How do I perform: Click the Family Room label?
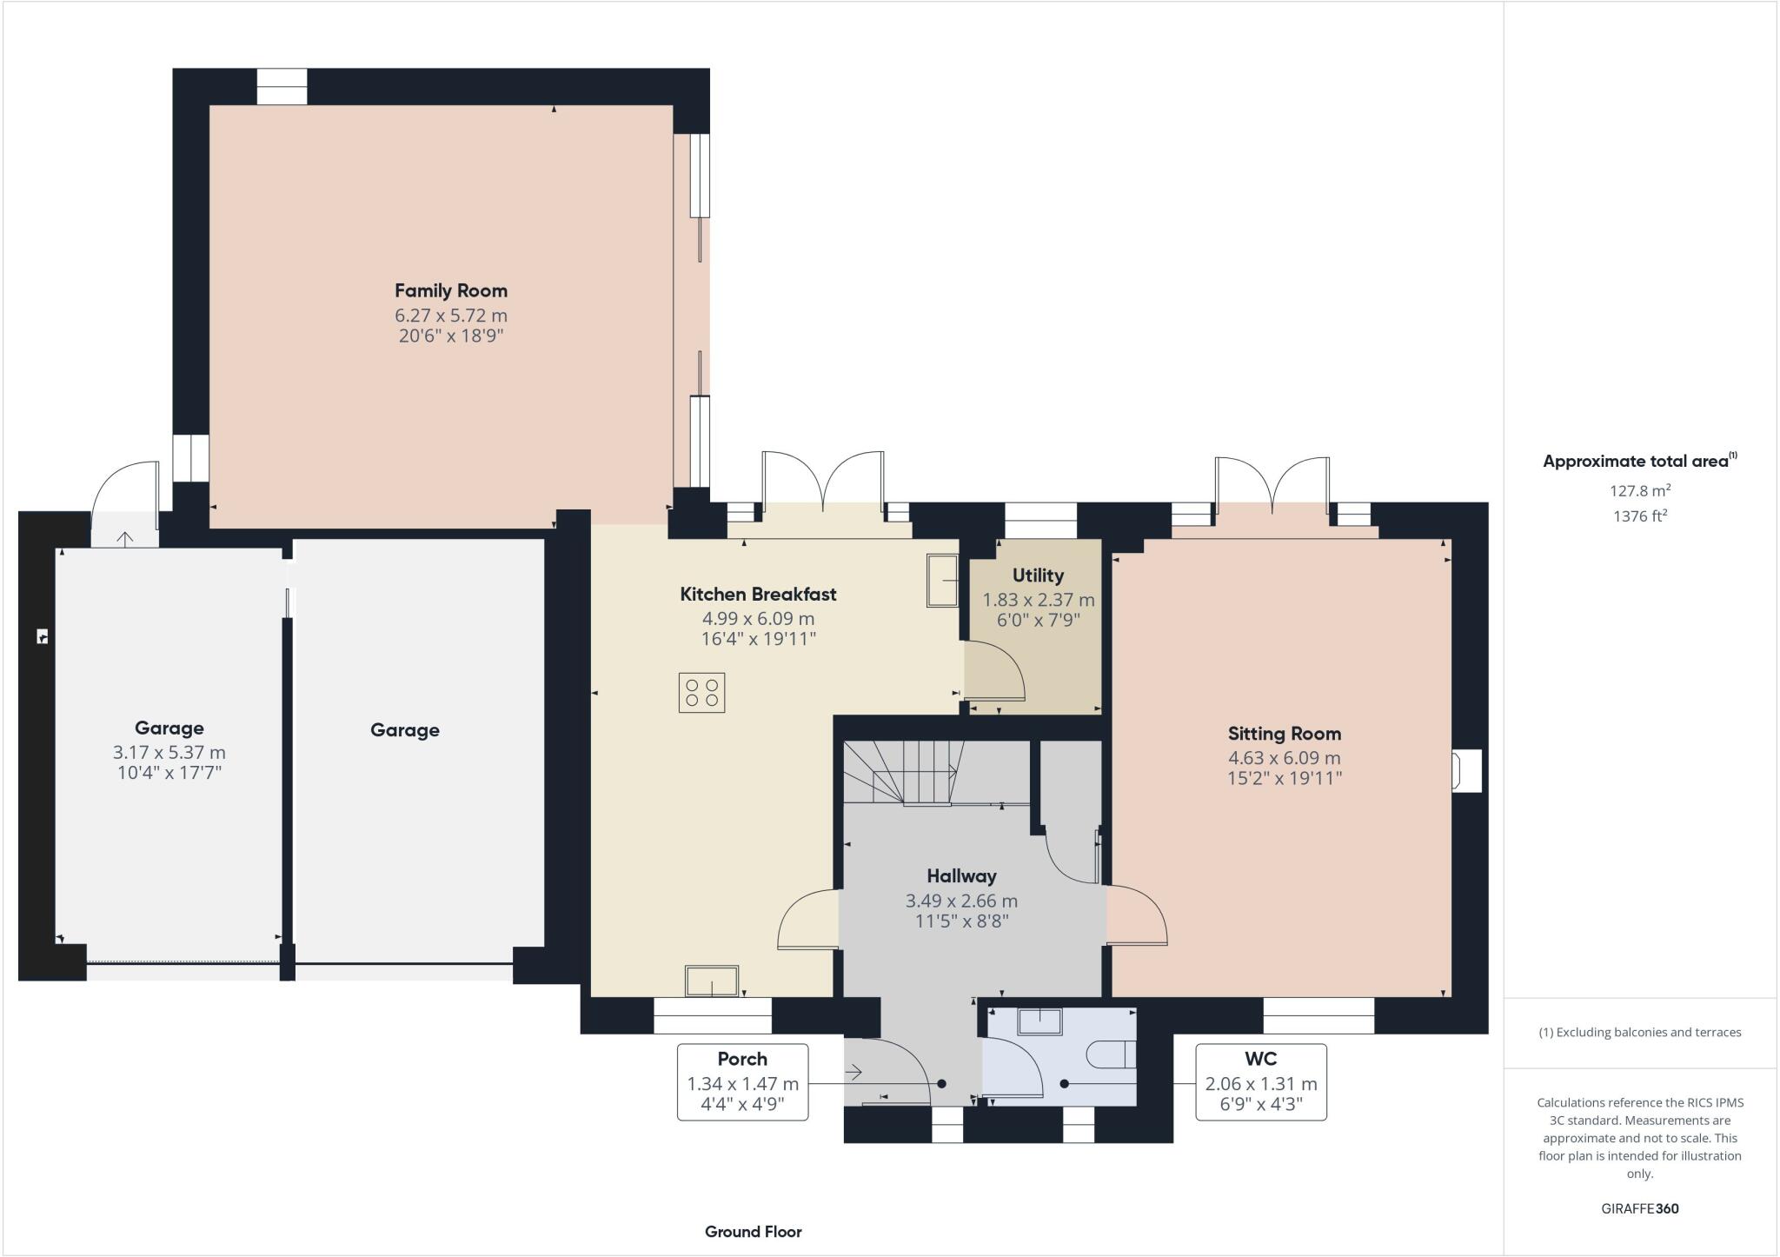[x=450, y=291]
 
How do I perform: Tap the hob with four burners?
[x=701, y=693]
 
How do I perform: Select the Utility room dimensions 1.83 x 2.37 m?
[x=1038, y=600]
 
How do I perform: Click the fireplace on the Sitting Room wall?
[x=1465, y=770]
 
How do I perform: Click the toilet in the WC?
[x=1112, y=1054]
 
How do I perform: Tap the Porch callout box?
[x=742, y=1081]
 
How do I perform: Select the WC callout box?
[x=1260, y=1081]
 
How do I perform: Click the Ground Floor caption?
[x=753, y=1231]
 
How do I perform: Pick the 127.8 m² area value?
[x=1639, y=490]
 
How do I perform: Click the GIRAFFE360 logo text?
[x=1639, y=1208]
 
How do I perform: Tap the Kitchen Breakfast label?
[x=758, y=595]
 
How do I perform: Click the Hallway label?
[x=961, y=876]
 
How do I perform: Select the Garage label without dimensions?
[x=404, y=730]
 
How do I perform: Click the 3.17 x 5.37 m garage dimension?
[x=169, y=753]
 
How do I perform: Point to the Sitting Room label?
[x=1284, y=734]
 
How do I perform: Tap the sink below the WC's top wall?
[x=1039, y=1021]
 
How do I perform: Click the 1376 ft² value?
[x=1639, y=516]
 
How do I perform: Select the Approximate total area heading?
[x=1635, y=462]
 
